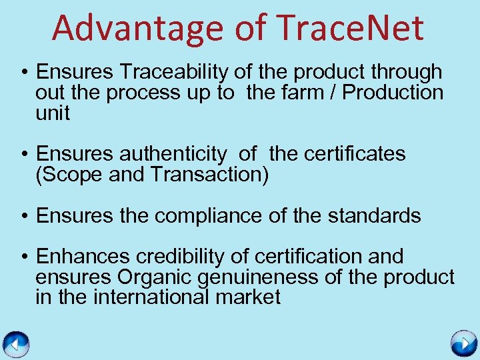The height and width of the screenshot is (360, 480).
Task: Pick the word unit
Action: point(53,113)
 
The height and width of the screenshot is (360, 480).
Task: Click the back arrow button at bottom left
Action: point(16,344)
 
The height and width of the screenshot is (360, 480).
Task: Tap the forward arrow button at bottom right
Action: point(463,344)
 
